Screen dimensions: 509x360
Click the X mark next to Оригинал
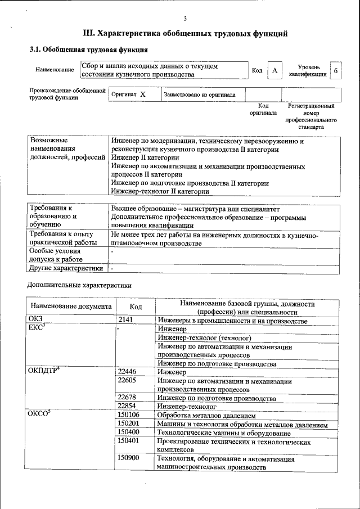point(143,94)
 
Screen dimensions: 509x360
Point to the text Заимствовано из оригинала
point(200,94)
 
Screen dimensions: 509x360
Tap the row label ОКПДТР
point(44,370)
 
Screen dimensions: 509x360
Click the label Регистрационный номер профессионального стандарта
point(311,116)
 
